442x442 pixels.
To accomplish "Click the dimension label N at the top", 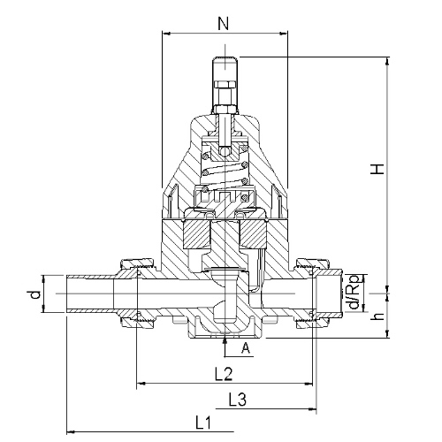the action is click(223, 24).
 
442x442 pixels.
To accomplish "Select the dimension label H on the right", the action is click(377, 169).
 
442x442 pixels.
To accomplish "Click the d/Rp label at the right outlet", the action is click(354, 292).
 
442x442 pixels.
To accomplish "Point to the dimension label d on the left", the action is click(35, 294).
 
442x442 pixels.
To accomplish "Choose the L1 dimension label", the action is click(203, 423).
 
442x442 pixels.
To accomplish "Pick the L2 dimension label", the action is click(224, 375).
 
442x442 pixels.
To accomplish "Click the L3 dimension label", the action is click(238, 400).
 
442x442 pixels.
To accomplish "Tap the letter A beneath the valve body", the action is click(246, 348).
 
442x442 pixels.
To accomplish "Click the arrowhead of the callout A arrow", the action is click(225, 340).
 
